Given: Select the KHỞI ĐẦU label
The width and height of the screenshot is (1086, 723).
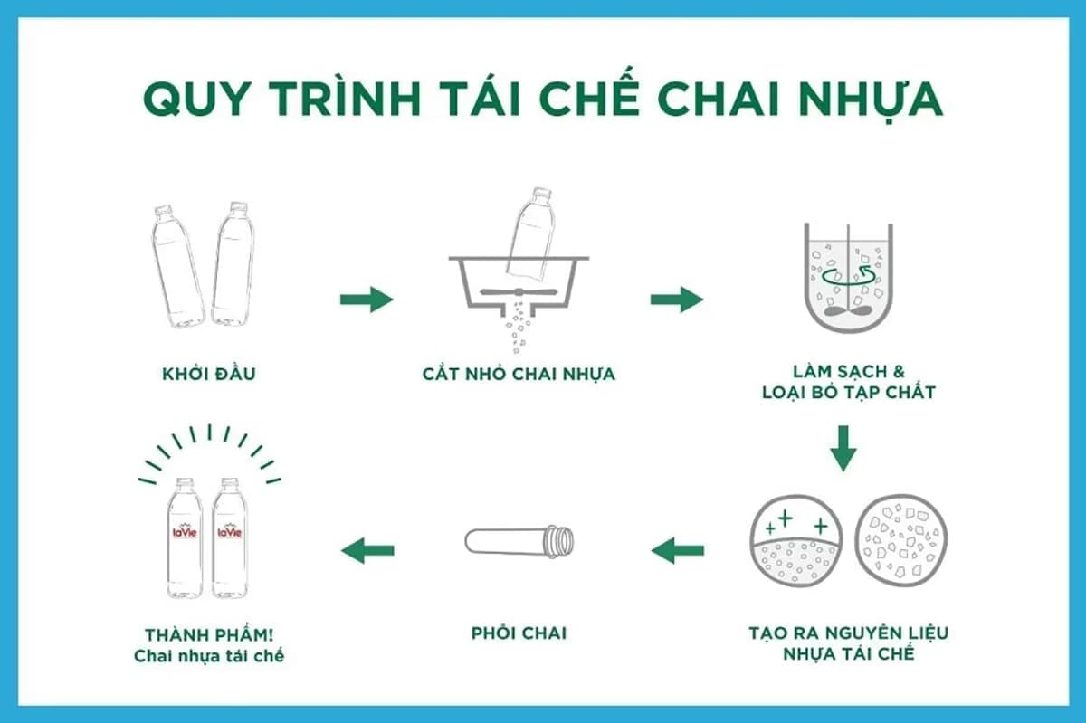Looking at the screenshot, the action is tap(209, 374).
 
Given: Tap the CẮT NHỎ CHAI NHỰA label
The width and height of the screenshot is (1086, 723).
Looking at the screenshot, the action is tap(519, 374).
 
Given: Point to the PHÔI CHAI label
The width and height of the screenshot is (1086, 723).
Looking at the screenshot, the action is tap(519, 633).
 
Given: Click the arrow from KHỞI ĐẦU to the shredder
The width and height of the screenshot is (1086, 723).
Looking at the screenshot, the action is tap(367, 300).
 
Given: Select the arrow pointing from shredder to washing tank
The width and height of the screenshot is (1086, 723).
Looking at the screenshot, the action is tap(677, 300).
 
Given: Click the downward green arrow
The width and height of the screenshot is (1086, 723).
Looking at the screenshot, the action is tap(843, 449).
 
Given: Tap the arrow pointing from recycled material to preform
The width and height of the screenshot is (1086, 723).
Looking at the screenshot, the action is tap(677, 550).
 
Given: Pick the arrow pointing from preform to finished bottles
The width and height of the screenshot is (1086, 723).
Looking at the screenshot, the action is tap(367, 550).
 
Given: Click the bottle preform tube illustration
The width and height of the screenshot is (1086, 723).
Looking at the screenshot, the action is tap(519, 541).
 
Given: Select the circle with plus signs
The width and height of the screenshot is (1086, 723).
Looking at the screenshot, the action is tap(796, 541).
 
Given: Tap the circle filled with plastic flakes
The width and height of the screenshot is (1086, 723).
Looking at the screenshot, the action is tap(901, 541).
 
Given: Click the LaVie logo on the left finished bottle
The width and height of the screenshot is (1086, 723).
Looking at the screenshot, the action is tap(185, 531).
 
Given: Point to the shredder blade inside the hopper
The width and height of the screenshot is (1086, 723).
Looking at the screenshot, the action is tap(519, 292).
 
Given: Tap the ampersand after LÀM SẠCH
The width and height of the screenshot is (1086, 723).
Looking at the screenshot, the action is tap(899, 371).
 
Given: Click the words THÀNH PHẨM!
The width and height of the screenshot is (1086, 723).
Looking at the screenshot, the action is tap(209, 634).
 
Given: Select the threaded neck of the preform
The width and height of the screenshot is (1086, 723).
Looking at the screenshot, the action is tap(559, 541).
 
